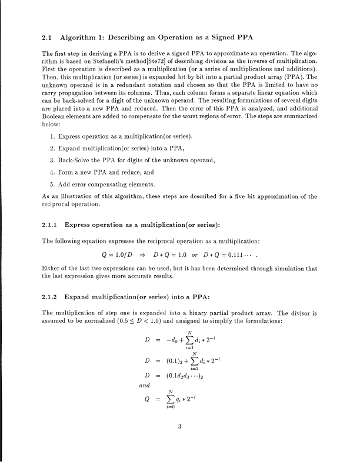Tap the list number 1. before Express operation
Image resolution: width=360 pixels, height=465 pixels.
[55, 136]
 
